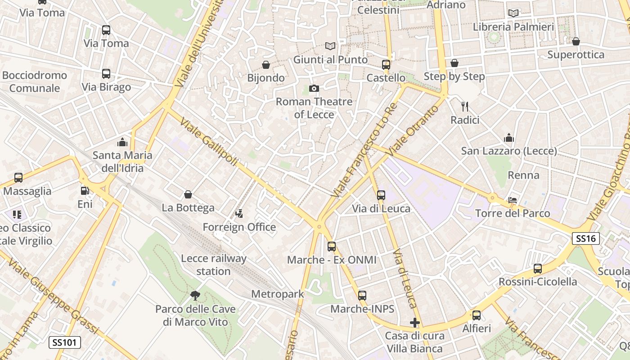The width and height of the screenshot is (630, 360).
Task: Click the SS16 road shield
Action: point(586,238)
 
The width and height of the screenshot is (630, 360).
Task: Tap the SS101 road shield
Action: point(65,342)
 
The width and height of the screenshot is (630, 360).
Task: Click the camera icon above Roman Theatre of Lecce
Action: point(314,88)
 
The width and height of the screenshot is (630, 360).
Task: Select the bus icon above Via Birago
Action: point(106,74)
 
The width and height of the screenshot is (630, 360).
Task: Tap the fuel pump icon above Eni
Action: point(85,191)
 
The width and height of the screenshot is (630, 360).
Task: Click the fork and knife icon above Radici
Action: point(465,107)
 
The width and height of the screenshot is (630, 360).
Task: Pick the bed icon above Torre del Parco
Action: point(513,200)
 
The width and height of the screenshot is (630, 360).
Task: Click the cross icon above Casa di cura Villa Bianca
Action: point(415,323)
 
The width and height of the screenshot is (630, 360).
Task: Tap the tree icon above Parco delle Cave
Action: point(195,296)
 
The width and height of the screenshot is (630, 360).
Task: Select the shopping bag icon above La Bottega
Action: point(188,194)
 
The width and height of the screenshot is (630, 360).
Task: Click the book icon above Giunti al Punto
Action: point(330,46)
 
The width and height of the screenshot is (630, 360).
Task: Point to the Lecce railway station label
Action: point(214,265)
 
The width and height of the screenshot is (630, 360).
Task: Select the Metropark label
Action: point(278,294)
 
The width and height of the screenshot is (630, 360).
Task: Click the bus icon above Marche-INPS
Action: point(362,296)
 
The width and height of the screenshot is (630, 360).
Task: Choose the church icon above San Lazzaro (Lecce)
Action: point(509,138)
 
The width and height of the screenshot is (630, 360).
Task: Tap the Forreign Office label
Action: point(239,227)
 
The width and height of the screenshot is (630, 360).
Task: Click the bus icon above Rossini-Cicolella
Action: point(537,269)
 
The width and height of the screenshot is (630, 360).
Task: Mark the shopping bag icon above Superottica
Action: point(576,41)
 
